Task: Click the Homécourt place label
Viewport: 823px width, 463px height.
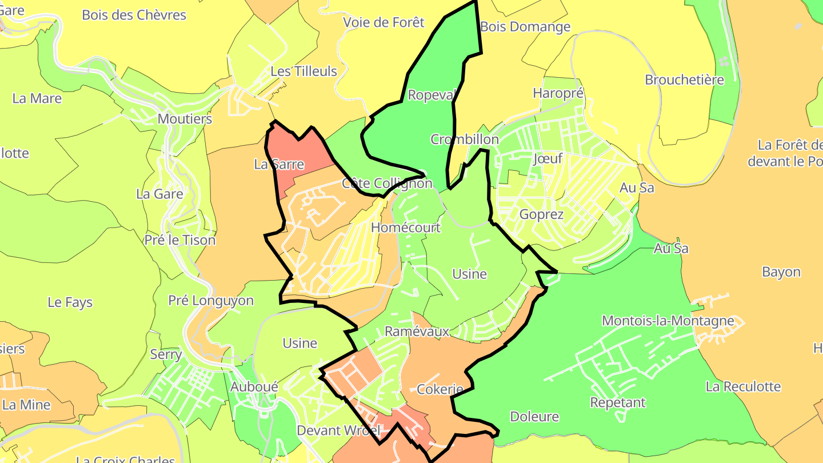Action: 406,227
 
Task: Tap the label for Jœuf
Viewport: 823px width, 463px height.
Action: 548,158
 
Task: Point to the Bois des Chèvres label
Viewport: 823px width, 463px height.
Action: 134,15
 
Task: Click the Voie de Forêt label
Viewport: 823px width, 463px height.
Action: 383,22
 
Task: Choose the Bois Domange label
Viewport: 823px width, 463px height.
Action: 525,27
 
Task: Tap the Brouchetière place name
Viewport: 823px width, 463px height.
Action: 684,79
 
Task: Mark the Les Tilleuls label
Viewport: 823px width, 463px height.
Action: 303,71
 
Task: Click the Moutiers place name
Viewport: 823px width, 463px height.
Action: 185,119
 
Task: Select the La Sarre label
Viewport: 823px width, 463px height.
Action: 279,165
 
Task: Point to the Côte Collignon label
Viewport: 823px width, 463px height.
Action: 387,183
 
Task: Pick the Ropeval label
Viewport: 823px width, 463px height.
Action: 430,94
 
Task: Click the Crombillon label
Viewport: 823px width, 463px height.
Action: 464,139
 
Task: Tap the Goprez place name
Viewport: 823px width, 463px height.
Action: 541,214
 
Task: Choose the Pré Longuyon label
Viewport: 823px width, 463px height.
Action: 211,301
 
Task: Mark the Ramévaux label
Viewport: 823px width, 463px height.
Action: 417,332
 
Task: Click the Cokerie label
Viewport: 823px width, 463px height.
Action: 440,390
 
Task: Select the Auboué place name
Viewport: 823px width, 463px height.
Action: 254,387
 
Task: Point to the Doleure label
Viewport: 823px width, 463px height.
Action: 534,417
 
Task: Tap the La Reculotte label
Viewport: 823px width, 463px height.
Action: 743,386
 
